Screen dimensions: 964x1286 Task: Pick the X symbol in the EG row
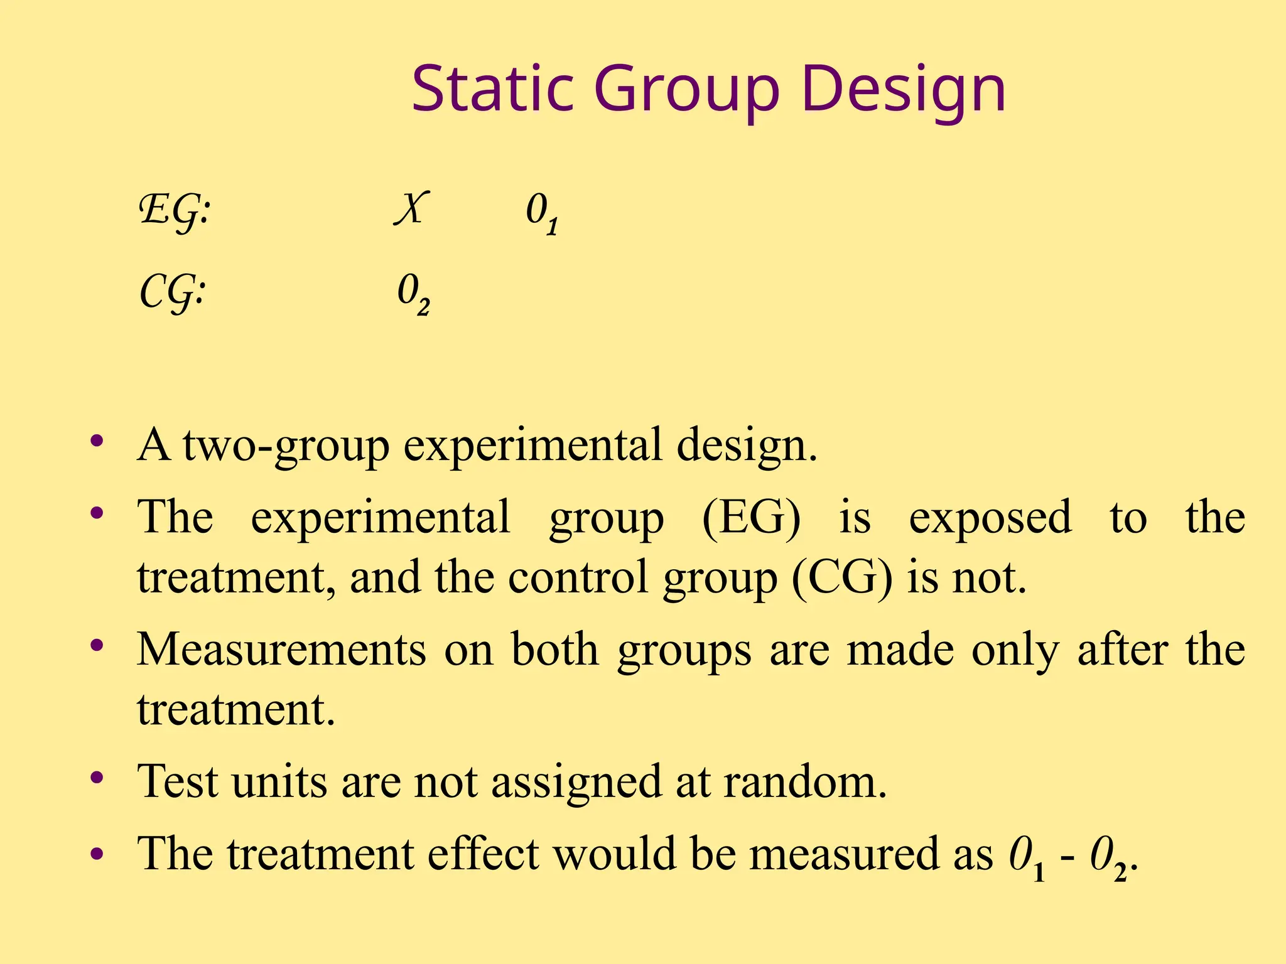coord(412,208)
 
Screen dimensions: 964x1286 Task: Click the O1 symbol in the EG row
coord(542,213)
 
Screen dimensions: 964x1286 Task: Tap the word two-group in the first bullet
coord(286,446)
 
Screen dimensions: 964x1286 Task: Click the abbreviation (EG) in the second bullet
coord(751,518)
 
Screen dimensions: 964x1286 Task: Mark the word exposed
coord(990,518)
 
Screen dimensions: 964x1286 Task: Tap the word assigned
coord(576,783)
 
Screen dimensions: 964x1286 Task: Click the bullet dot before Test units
coord(97,779)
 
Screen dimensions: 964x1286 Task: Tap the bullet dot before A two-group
coord(97,441)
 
